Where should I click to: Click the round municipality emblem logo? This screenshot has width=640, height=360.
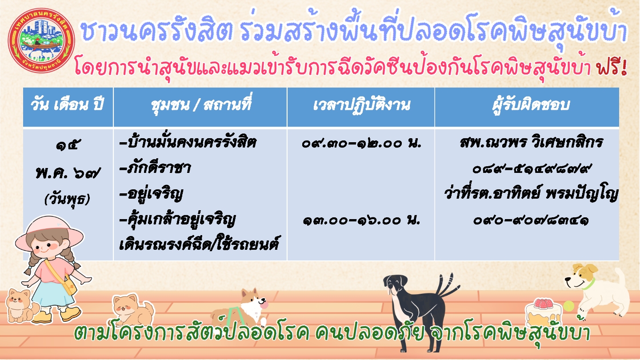(x=41, y=40)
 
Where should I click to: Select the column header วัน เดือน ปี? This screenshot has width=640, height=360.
(x=68, y=104)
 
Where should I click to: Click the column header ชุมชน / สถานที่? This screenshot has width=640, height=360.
(x=201, y=104)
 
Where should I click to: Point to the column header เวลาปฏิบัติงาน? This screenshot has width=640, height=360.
(x=361, y=105)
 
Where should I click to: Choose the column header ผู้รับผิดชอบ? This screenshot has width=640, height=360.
(x=531, y=105)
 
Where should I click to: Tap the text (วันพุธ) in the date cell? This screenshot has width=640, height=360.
(x=68, y=199)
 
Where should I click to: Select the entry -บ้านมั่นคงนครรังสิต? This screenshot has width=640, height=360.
(x=188, y=142)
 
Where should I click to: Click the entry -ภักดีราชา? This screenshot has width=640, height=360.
(x=155, y=168)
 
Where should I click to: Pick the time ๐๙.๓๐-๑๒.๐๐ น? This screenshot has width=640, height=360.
(x=361, y=143)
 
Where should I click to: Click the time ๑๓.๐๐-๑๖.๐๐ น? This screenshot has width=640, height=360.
(x=361, y=220)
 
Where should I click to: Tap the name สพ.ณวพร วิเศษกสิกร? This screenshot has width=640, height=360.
(x=532, y=142)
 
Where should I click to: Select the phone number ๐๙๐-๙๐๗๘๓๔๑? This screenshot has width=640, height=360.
(x=531, y=220)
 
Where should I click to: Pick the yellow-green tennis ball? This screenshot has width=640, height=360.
(x=568, y=306)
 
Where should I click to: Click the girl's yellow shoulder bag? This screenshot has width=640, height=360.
(x=68, y=284)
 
